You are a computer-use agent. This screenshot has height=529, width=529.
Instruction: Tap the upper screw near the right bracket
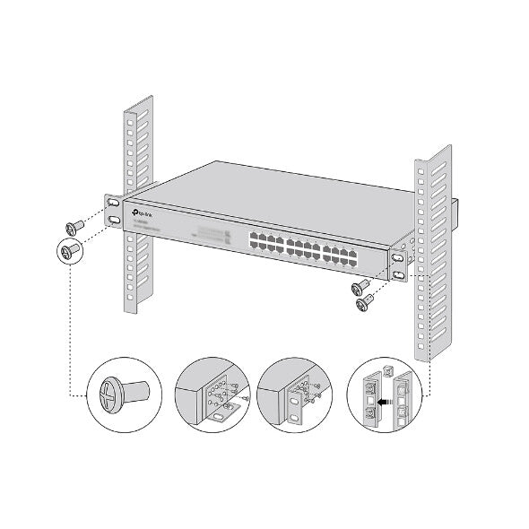coord(362,288)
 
